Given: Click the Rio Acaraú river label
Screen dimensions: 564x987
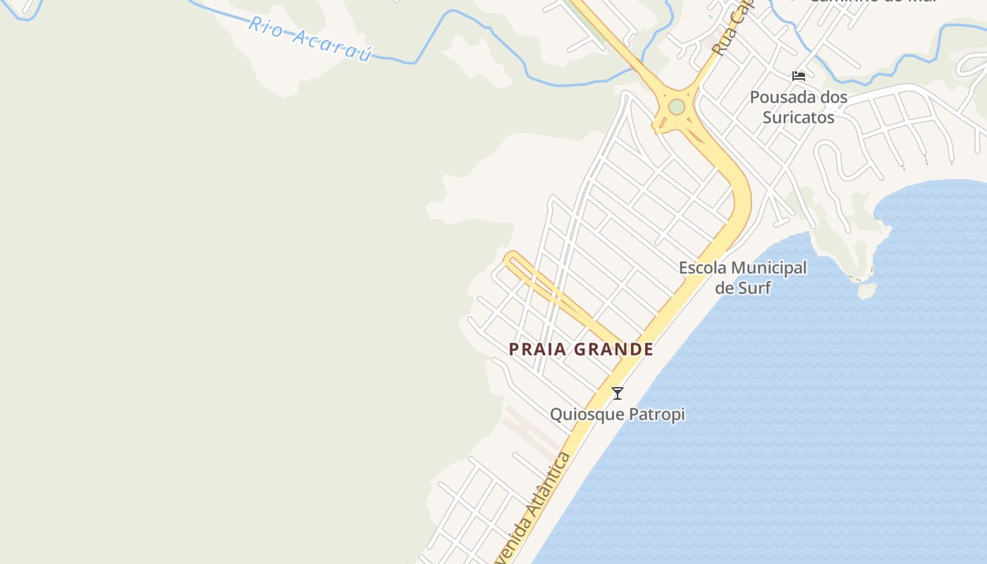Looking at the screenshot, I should pos(309,39).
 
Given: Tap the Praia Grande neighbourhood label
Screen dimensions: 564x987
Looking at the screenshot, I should pos(581,349).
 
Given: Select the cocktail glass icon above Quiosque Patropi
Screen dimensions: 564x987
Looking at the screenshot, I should pos(618,393).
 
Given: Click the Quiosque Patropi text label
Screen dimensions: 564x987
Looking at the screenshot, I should pos(617,414).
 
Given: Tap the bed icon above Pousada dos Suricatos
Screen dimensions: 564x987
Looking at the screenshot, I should pos(799,76).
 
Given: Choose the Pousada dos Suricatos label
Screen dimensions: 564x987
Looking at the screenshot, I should pos(798,107).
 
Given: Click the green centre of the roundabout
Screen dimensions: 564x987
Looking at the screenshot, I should pos(677,107).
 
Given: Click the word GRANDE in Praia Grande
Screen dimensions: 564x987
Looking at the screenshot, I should pos(613,349).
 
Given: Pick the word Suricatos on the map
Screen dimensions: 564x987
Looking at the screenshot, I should pos(798,117).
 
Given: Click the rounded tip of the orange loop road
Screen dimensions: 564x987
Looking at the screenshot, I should pos(510,257).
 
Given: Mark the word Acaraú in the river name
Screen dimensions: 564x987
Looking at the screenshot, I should pos(331,45).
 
